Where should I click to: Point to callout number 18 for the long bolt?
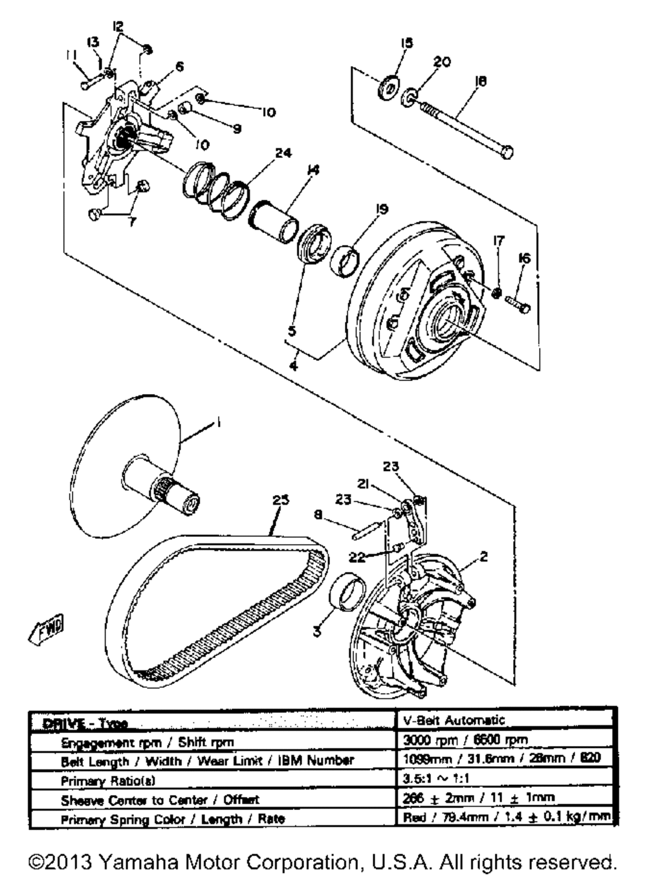coord(481,81)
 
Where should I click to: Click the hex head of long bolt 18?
coord(507,151)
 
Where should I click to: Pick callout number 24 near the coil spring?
coord(283,153)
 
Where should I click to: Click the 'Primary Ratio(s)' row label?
coord(109,781)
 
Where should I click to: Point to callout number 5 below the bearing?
coord(292,331)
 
